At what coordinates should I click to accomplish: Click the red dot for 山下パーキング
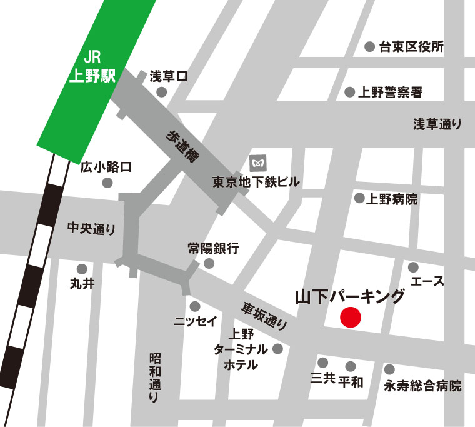click(351, 318)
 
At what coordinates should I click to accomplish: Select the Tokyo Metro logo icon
click(257, 164)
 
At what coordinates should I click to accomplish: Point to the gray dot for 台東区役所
click(369, 46)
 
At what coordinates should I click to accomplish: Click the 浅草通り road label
click(437, 124)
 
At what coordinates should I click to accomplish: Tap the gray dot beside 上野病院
click(359, 198)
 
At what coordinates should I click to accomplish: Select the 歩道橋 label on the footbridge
click(182, 148)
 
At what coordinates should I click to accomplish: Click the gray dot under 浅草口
click(162, 93)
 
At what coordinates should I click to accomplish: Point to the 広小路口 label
click(106, 167)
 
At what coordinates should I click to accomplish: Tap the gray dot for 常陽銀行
click(209, 263)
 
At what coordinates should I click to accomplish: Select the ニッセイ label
click(196, 322)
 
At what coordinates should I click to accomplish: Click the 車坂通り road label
click(265, 316)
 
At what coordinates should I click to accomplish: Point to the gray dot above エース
click(413, 267)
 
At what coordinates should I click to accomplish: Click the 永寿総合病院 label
click(423, 386)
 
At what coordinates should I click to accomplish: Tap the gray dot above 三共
click(323, 363)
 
